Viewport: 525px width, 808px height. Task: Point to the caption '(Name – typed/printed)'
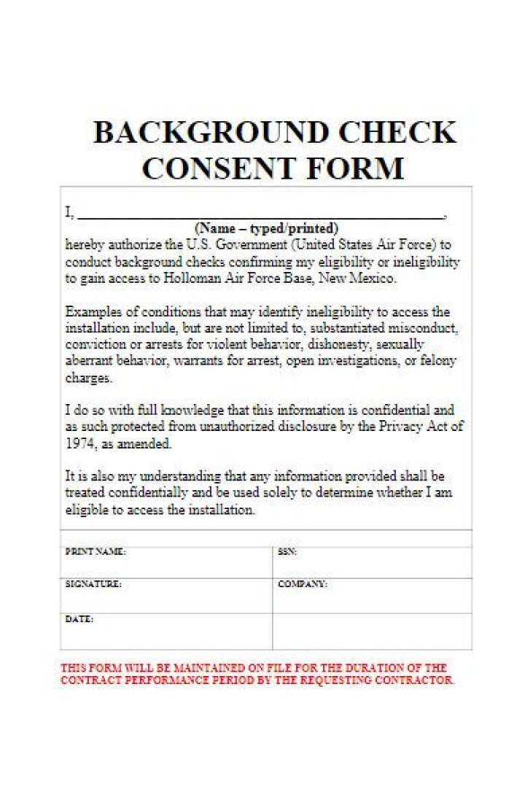point(267,228)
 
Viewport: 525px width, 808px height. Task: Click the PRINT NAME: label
point(96,553)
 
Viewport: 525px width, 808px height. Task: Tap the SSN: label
point(287,553)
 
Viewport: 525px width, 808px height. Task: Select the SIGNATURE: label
point(93,585)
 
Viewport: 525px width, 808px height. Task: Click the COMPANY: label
point(303,585)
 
